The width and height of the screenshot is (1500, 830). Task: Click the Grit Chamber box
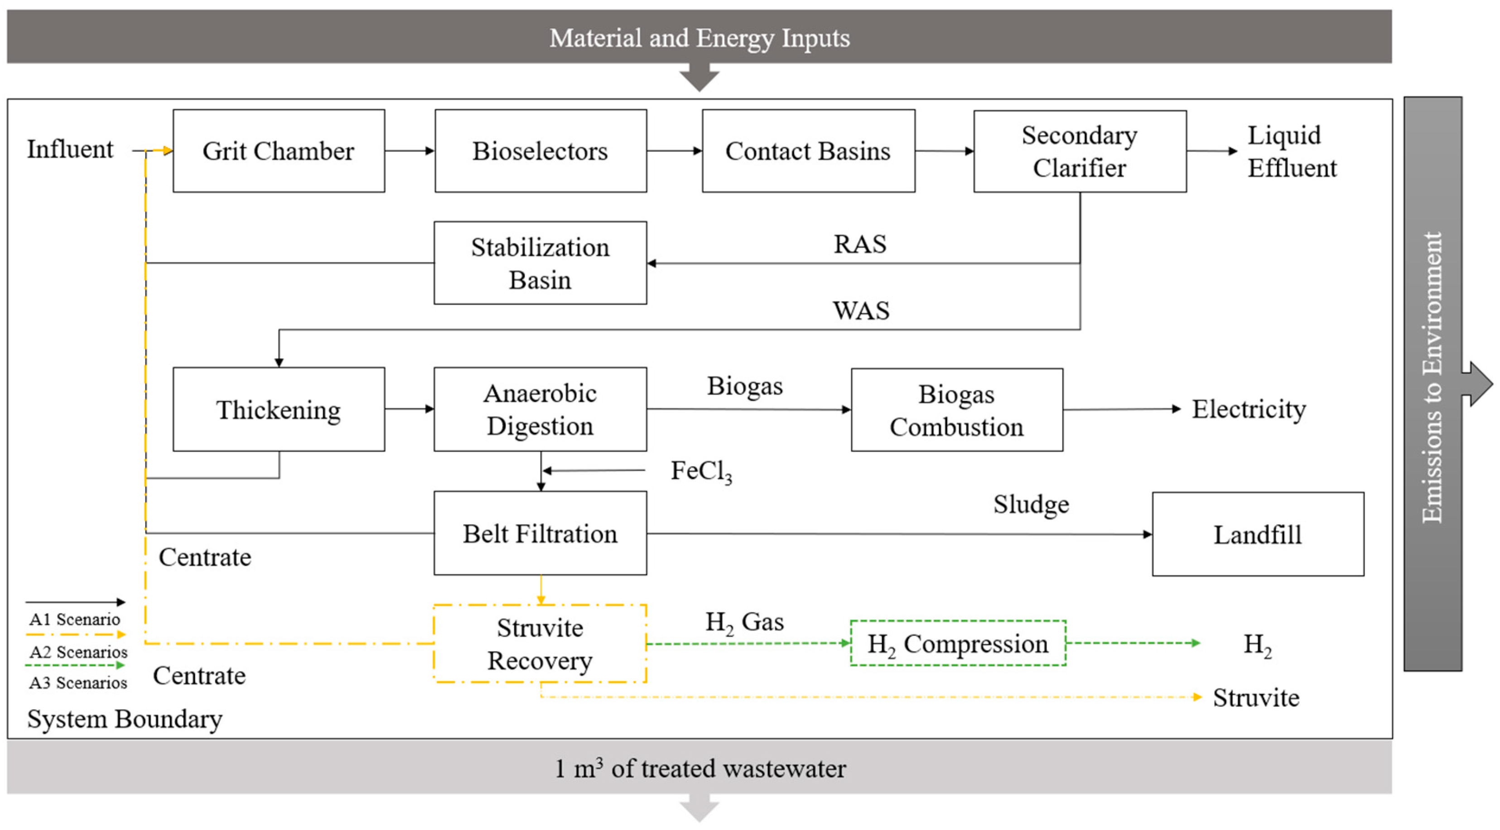[x=278, y=151]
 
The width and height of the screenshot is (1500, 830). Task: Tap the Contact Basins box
[x=808, y=151]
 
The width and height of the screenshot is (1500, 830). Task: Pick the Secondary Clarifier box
[x=1079, y=151]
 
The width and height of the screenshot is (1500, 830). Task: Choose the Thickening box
[x=278, y=409]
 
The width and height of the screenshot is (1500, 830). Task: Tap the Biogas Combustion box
[x=956, y=410]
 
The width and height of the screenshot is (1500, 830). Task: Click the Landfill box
[x=1257, y=534]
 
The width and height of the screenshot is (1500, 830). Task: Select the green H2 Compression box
[x=957, y=643]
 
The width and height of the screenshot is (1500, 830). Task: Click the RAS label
[x=859, y=244]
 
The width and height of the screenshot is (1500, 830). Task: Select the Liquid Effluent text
[x=1291, y=151]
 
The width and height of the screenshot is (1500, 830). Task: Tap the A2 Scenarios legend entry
[x=78, y=652]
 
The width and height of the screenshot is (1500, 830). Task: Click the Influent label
[x=70, y=149]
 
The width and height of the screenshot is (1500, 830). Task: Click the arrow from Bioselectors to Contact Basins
[x=674, y=151]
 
